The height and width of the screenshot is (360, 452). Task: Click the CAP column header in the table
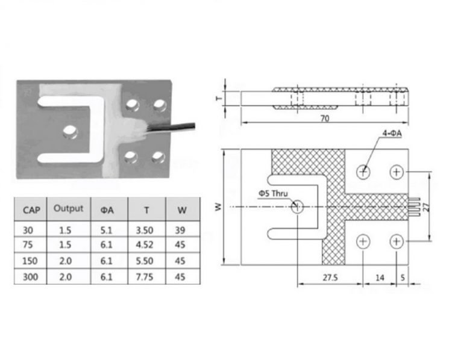pyautogui.click(x=31, y=211)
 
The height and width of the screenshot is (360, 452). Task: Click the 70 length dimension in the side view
pyautogui.click(x=324, y=119)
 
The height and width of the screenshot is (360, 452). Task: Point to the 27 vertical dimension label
pyautogui.click(x=425, y=206)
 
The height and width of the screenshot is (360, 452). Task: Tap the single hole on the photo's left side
pyautogui.click(x=71, y=129)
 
